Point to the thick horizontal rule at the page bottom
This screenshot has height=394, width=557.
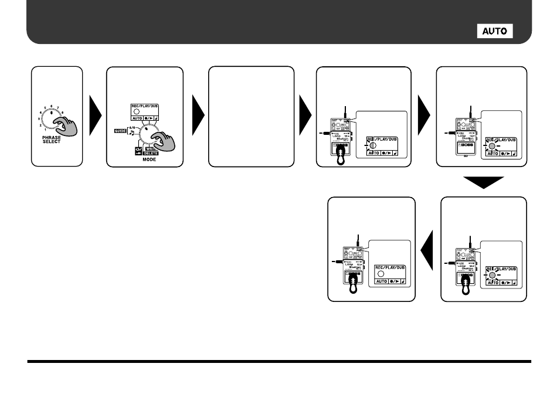point(278,362)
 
